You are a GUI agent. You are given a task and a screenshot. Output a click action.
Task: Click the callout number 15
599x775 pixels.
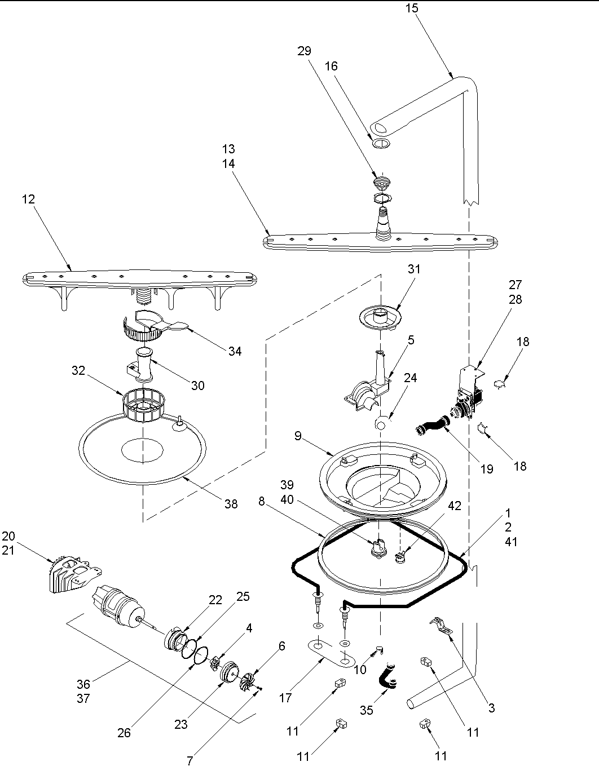[x=412, y=10]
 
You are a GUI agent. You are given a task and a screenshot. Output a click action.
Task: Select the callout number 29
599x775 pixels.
[x=304, y=51]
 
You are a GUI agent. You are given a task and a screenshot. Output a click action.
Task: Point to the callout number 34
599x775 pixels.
[x=235, y=351]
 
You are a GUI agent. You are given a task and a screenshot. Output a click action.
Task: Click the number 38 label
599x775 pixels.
[x=231, y=504]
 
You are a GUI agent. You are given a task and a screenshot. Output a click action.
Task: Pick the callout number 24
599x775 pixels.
[x=410, y=378]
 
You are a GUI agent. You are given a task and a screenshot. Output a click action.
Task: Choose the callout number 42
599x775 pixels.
[x=454, y=506]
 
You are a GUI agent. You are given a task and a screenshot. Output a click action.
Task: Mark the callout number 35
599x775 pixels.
[x=367, y=711]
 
